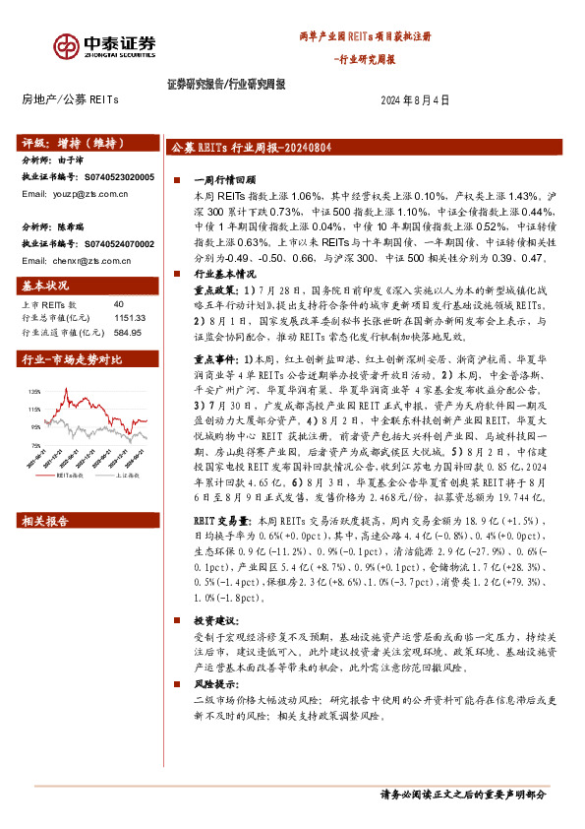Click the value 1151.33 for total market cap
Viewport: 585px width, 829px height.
pos(129,319)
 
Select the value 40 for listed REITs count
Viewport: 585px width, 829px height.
pos(119,305)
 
